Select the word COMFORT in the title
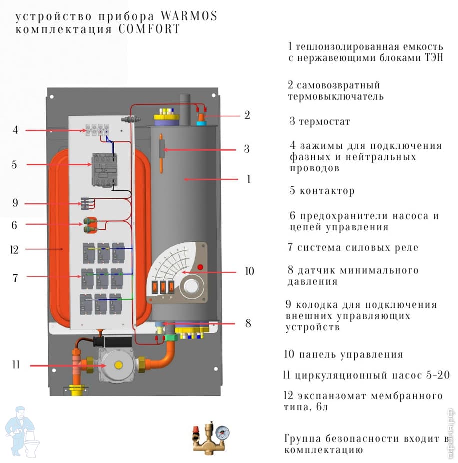[149, 29]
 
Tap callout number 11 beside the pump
[16, 365]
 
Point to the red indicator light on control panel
[200, 267]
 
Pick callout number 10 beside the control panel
[249, 272]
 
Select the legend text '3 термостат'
[320, 122]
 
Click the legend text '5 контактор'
[322, 191]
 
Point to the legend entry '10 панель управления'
[343, 355]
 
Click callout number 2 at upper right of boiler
[247, 115]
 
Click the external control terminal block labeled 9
[88, 203]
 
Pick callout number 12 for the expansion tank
[14, 249]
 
